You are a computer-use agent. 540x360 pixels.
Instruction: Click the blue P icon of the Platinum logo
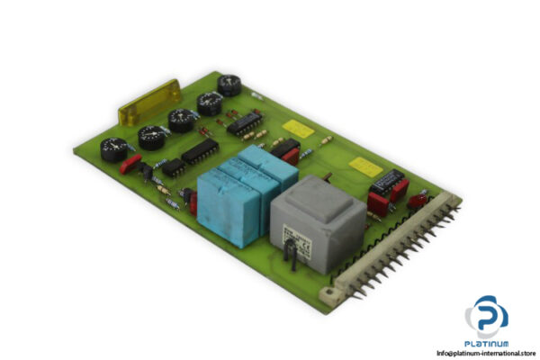click(486, 316)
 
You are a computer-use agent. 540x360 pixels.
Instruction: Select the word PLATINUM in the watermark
click(486, 343)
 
